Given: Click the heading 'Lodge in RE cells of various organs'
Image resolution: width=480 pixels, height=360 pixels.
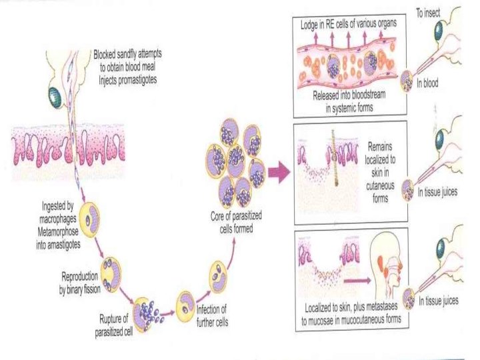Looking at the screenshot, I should pyautogui.click(x=351, y=24).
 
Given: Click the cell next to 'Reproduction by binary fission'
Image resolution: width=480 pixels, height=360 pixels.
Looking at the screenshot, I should pyautogui.click(x=109, y=272).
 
